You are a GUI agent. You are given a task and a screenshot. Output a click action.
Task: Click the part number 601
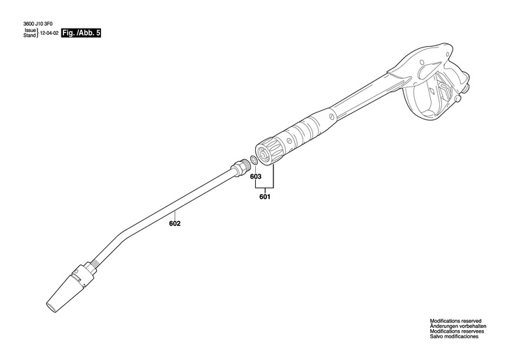pos(264,197)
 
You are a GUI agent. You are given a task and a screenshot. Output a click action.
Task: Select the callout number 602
pos(175,223)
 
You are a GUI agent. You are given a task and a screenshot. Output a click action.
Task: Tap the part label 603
pos(256,177)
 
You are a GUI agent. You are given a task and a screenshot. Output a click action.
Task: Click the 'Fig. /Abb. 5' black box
pos(81,33)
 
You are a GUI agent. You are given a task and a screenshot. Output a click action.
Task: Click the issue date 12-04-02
pos(48,33)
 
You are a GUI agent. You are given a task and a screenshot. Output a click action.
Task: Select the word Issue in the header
pos(29,30)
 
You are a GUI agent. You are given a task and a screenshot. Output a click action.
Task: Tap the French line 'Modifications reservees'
pos(455,331)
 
